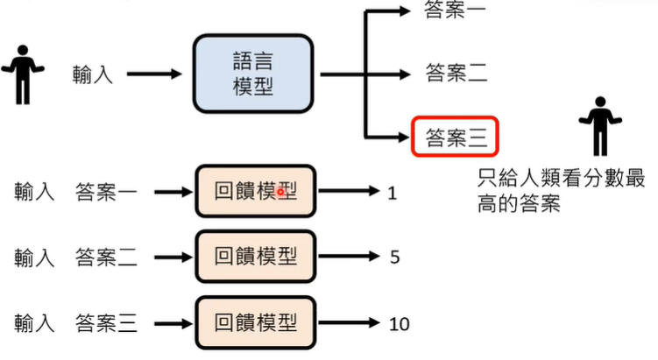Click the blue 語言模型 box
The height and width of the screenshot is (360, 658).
(x=253, y=74)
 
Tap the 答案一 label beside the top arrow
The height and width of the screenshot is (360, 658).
(x=455, y=11)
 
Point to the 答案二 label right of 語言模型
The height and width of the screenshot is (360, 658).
(x=456, y=73)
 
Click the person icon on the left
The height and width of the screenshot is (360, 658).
(x=23, y=74)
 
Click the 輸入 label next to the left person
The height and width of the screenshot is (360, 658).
(x=93, y=74)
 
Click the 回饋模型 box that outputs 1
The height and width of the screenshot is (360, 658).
(x=254, y=190)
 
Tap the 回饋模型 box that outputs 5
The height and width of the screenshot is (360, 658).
(x=254, y=257)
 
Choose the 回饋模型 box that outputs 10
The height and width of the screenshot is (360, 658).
(x=254, y=323)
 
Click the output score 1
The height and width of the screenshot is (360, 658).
(x=392, y=191)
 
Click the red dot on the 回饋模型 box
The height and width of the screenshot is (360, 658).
(x=280, y=191)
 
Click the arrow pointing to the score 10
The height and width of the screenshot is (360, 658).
(x=350, y=323)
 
